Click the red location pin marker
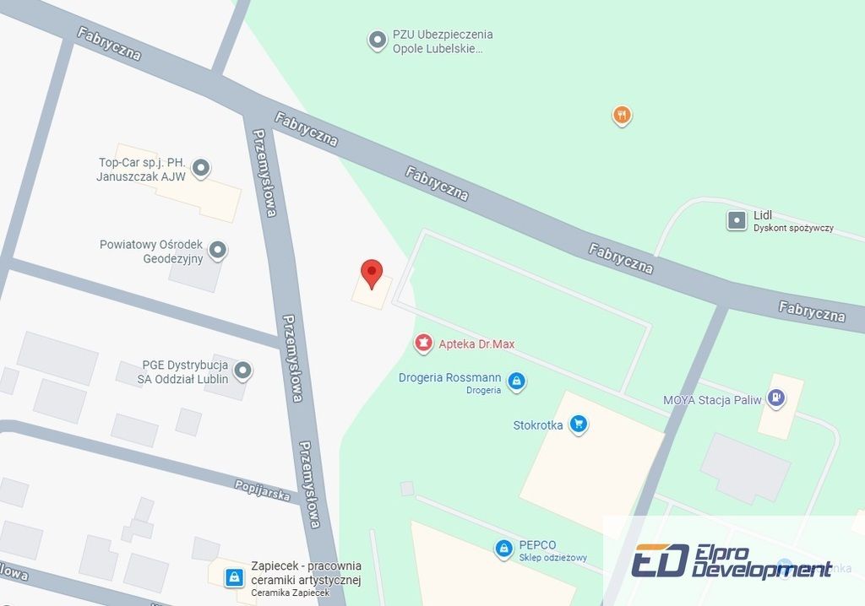[x=372, y=273]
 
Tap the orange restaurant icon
[x=622, y=115]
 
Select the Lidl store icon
[x=737, y=221]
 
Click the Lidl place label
[x=763, y=216]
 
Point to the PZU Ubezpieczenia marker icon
[x=377, y=40]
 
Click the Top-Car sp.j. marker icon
[x=200, y=169]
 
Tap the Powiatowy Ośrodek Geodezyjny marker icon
[x=218, y=250]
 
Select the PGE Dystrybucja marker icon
[x=243, y=371]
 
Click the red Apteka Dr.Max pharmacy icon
[x=422, y=344]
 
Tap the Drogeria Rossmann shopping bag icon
[x=517, y=381]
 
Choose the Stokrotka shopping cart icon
[x=578, y=424]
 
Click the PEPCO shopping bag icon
[x=504, y=549]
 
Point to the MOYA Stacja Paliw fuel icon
[x=777, y=398]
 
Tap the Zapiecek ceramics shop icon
[x=234, y=577]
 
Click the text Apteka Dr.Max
[x=476, y=344]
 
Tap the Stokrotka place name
[x=538, y=425]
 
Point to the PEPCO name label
[x=538, y=545]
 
